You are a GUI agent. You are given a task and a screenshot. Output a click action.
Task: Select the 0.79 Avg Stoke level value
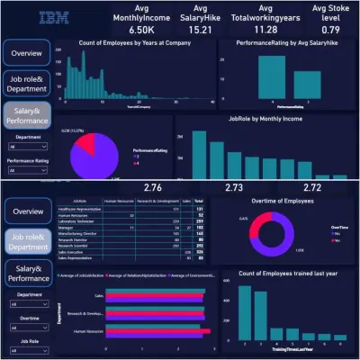click(x=328, y=29)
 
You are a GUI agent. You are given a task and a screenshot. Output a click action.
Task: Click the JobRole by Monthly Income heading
click(x=263, y=119)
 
